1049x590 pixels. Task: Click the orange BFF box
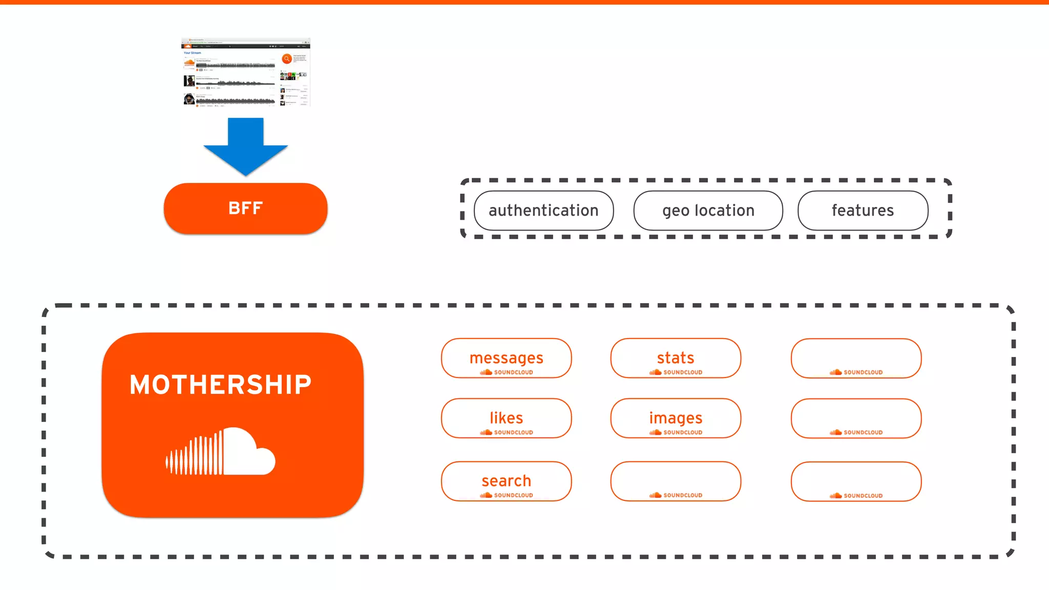(x=245, y=208)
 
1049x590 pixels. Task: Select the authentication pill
(x=543, y=210)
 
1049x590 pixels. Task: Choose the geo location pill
(x=708, y=210)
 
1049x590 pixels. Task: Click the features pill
(x=863, y=210)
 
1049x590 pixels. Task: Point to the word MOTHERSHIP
(x=220, y=385)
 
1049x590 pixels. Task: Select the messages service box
(x=506, y=358)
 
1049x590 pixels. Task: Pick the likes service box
(x=506, y=418)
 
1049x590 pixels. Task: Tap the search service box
(x=506, y=481)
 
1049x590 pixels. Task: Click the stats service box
(x=676, y=358)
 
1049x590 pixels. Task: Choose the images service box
(x=676, y=418)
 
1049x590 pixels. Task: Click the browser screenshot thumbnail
(x=245, y=72)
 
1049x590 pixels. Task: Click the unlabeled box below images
(x=676, y=481)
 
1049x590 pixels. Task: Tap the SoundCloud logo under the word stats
(x=676, y=372)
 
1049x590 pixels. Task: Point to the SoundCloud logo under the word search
(x=506, y=495)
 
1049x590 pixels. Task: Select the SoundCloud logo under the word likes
(x=506, y=432)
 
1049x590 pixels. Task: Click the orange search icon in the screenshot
(x=287, y=59)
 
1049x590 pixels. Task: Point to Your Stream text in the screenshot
(x=193, y=53)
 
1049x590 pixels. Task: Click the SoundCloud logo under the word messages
(x=506, y=372)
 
